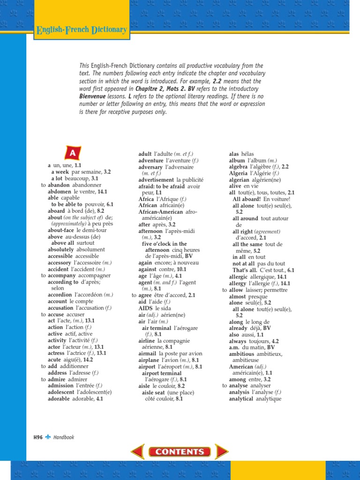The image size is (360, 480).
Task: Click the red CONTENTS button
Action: tap(180, 452)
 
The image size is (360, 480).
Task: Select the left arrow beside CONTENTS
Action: tap(138, 452)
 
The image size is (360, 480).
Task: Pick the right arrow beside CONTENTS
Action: tap(221, 452)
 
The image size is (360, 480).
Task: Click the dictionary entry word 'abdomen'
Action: tap(59, 192)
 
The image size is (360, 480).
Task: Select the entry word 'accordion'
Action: tap(60, 295)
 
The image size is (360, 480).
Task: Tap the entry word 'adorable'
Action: tap(60, 399)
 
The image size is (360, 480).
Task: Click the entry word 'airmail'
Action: tap(148, 353)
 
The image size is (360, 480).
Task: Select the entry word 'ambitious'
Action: tap(241, 354)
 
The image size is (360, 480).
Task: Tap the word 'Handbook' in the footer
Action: tap(64, 437)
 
